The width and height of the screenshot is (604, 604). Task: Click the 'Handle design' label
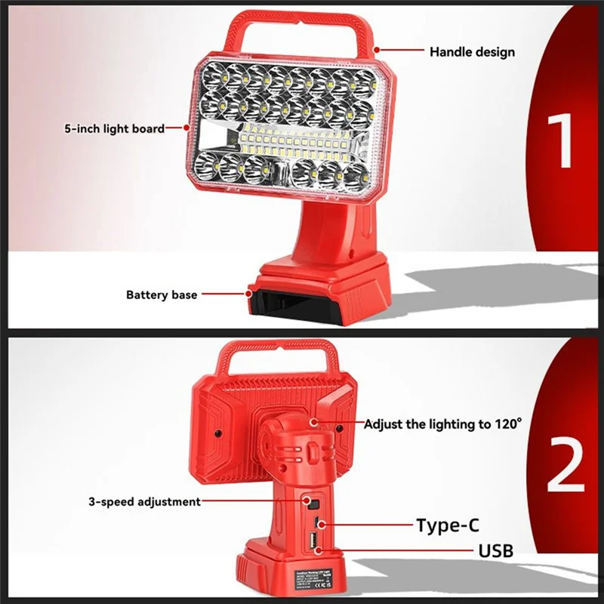pyautogui.click(x=472, y=52)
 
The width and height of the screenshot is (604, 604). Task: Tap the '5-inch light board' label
pyautogui.click(x=114, y=128)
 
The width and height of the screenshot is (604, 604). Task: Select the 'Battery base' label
pyautogui.click(x=161, y=294)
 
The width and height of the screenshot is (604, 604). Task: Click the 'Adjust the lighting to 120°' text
pyautogui.click(x=442, y=424)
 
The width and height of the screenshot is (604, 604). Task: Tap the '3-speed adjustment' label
pyautogui.click(x=144, y=501)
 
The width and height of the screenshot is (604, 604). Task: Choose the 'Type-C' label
pyautogui.click(x=447, y=525)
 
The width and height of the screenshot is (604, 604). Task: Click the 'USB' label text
pyautogui.click(x=495, y=550)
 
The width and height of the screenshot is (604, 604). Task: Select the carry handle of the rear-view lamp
pyautogui.click(x=273, y=359)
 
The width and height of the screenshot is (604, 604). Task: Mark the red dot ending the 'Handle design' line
pyautogui.click(x=375, y=50)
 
